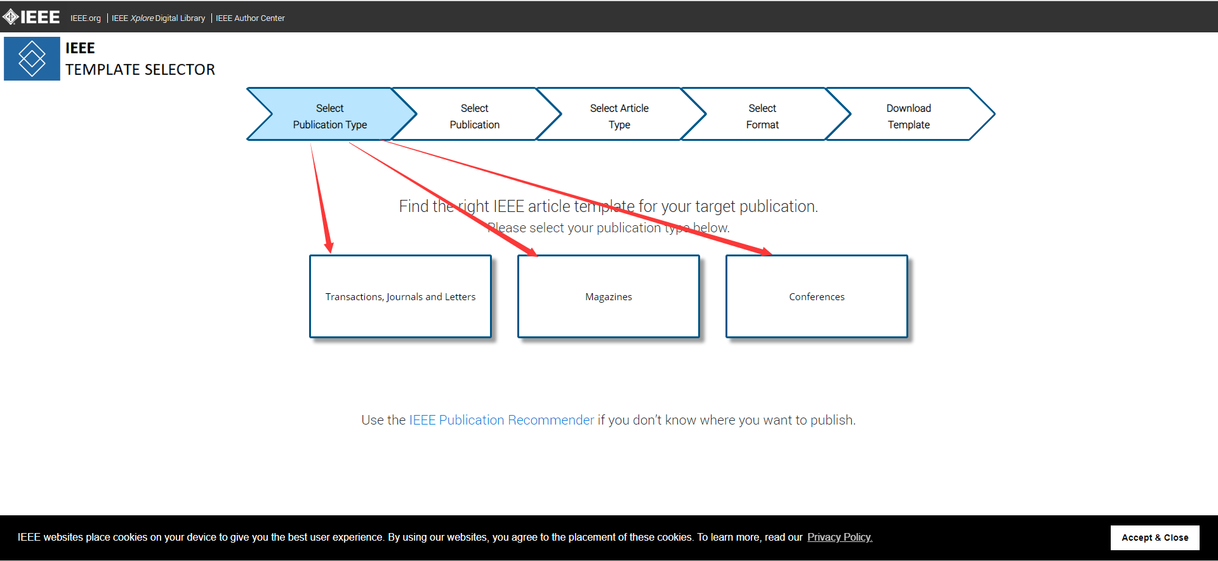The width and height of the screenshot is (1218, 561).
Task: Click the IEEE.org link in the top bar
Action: click(86, 18)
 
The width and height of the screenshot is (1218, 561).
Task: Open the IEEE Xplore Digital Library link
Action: click(159, 18)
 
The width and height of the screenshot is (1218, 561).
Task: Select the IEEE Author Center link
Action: click(250, 18)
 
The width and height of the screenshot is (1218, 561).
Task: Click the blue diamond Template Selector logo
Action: click(32, 58)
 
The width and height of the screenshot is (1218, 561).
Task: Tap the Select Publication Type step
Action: click(330, 116)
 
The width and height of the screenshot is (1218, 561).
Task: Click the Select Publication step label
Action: click(475, 116)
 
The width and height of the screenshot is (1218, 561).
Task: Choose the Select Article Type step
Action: click(619, 116)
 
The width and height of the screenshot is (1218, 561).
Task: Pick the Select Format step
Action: click(762, 116)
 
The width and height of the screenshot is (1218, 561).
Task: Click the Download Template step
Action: click(909, 116)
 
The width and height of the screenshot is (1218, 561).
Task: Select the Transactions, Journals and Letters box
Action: click(400, 296)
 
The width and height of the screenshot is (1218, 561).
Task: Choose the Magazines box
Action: click(609, 296)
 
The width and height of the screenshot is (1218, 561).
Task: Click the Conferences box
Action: click(817, 296)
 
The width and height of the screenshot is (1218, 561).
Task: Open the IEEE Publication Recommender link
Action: click(501, 420)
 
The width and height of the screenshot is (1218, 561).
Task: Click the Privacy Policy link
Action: click(840, 537)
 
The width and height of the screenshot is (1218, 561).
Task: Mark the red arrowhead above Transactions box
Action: click(329, 246)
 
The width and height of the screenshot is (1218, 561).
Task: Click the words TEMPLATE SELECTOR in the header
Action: click(140, 70)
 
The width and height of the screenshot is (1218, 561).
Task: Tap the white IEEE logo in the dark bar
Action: click(31, 17)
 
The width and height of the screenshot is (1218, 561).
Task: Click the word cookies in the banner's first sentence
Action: click(129, 537)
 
